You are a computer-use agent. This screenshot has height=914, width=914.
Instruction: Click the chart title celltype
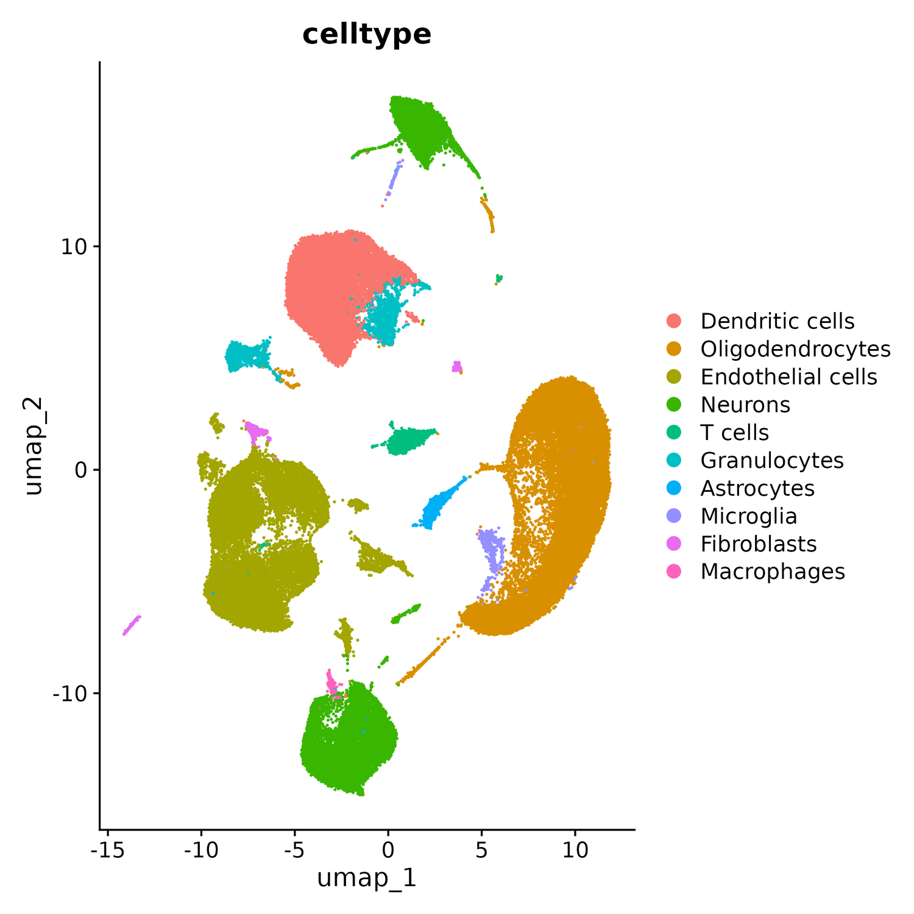point(367,35)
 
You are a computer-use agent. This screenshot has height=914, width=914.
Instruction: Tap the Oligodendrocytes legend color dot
point(674,349)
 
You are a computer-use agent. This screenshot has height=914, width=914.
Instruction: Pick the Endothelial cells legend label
point(788,377)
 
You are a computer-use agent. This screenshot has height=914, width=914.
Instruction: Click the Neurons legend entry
point(745,405)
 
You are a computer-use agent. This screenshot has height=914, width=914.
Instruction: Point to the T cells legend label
point(734,433)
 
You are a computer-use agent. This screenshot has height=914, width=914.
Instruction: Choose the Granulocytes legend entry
point(771,460)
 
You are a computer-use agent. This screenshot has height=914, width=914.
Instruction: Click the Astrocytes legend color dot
point(674,488)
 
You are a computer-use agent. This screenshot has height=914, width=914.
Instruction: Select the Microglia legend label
point(748,516)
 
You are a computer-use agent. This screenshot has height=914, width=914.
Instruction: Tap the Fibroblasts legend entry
point(758,544)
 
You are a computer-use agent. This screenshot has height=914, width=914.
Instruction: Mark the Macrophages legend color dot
point(674,572)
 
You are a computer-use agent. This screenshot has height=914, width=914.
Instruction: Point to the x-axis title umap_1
point(367,879)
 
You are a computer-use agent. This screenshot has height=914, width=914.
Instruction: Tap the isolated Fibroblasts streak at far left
point(131,626)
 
